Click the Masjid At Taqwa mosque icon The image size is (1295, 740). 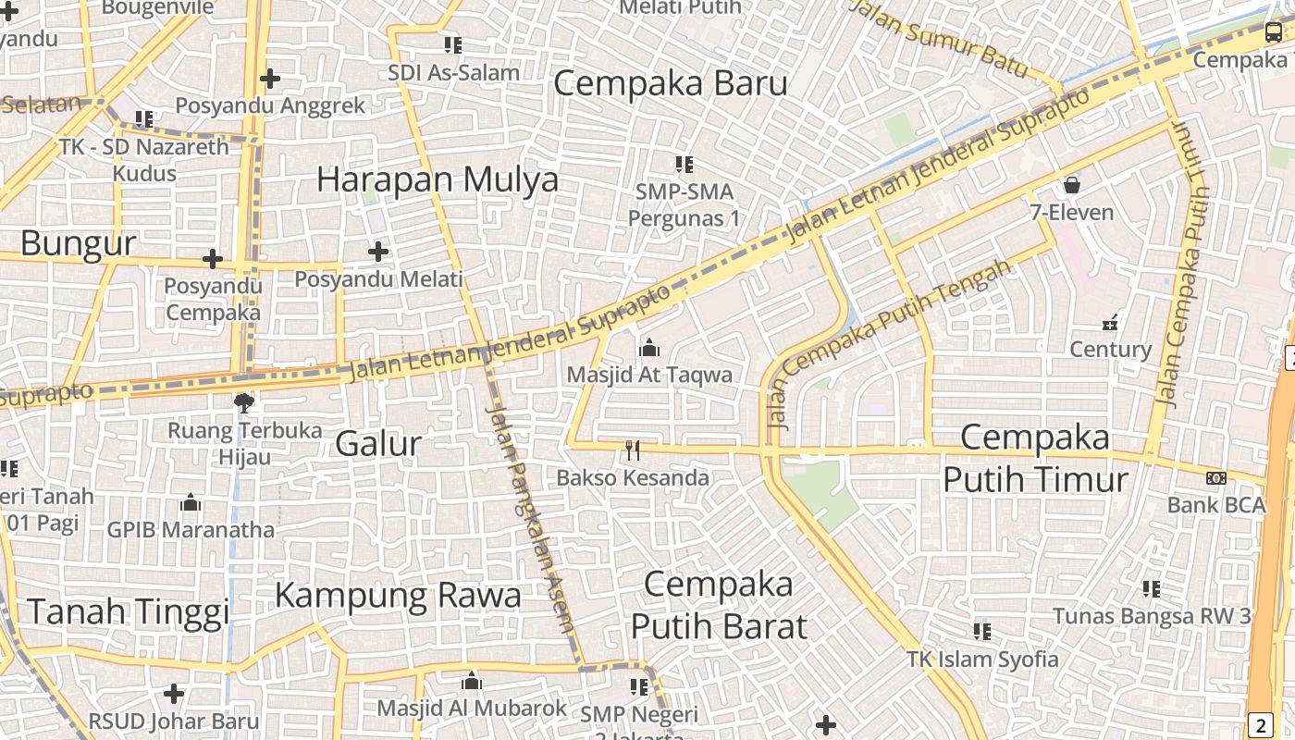[649, 349]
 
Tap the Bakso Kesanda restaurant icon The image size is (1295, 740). [633, 450]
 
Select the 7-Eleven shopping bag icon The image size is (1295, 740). [1071, 185]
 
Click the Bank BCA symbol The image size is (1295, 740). [1216, 478]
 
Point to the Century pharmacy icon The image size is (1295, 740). [1110, 324]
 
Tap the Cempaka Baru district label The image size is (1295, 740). [670, 83]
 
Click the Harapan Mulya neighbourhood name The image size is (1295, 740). [438, 179]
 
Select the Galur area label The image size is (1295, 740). [377, 444]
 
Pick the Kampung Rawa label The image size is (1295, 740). [398, 595]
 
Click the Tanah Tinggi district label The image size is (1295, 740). [128, 611]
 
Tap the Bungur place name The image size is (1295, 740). [78, 243]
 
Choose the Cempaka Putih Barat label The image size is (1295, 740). [718, 605]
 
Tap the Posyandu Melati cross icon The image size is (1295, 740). [377, 251]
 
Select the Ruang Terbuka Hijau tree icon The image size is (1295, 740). [244, 401]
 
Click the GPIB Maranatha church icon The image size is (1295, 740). [191, 503]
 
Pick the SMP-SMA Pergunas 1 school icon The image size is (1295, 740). [684, 165]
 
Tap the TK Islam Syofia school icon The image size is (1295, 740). [982, 632]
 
